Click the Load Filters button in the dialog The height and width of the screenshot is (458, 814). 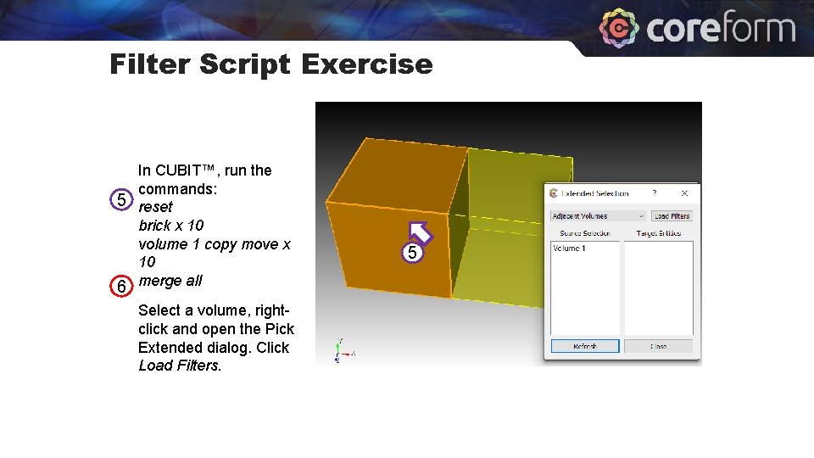(672, 216)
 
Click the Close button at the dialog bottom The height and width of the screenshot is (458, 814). (658, 346)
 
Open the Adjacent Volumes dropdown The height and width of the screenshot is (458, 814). (599, 216)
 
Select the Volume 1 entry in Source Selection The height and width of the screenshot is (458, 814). (569, 249)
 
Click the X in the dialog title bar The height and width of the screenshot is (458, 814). (684, 193)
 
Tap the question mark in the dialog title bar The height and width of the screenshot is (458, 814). (654, 193)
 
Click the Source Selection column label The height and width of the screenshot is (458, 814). (584, 233)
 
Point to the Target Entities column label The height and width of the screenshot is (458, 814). (658, 233)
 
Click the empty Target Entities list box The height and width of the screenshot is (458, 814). (658, 288)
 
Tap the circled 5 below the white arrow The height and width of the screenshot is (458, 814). (412, 253)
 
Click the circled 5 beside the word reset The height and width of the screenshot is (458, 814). (123, 201)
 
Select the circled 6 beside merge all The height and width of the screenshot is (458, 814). (123, 287)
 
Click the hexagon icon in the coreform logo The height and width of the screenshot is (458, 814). (619, 28)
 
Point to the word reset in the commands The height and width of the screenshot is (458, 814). (155, 207)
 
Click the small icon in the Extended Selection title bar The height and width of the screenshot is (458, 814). (554, 193)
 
